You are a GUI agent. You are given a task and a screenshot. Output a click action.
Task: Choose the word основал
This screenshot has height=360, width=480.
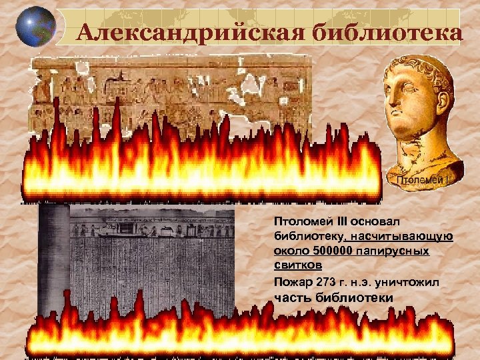point(358,221)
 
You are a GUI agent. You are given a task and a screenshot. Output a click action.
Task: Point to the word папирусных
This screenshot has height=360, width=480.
point(398,252)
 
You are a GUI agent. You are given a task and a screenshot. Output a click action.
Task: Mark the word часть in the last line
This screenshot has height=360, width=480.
point(289,297)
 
